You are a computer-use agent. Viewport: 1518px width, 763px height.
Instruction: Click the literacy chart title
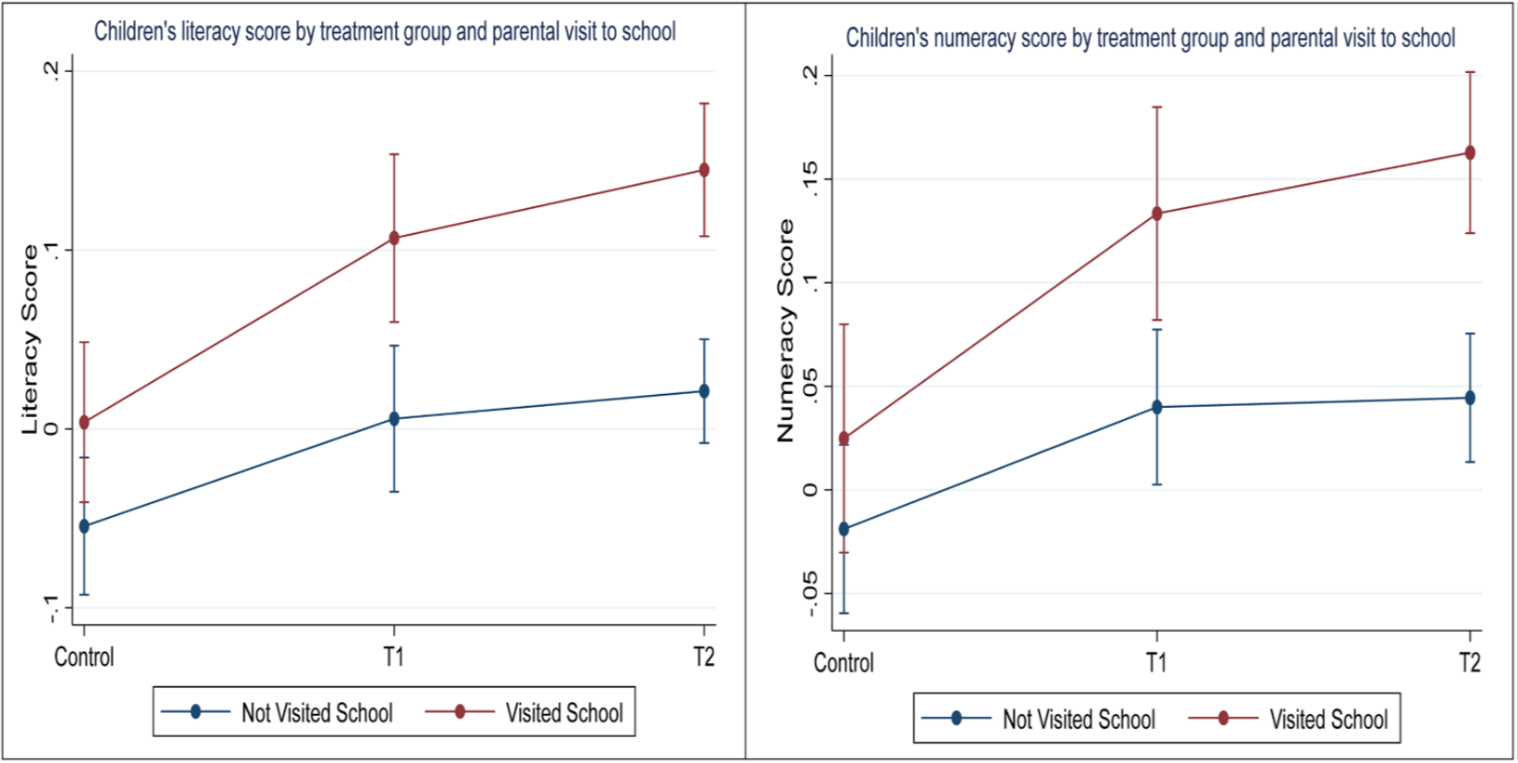(385, 31)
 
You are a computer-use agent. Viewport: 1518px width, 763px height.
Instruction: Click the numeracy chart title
(1150, 38)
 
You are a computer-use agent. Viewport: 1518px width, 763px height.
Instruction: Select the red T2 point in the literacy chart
(704, 170)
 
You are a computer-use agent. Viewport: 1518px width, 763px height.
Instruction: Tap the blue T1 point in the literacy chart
(394, 419)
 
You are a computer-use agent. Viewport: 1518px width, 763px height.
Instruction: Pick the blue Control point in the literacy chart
(84, 526)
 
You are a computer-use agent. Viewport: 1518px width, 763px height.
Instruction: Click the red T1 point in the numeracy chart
(1156, 214)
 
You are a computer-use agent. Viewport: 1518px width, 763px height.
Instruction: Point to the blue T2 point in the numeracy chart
(1470, 398)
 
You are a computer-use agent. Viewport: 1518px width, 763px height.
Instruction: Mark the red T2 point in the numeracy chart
(1470, 153)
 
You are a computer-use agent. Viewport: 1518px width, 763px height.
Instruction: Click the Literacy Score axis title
(31, 338)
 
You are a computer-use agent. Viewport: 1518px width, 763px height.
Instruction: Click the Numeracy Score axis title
(786, 330)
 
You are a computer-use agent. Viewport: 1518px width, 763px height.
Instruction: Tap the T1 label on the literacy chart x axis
(394, 658)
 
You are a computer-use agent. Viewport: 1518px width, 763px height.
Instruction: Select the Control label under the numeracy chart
(844, 663)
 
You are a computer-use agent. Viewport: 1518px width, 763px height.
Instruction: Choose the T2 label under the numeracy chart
(1470, 663)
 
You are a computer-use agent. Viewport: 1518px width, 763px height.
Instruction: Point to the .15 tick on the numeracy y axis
(810, 178)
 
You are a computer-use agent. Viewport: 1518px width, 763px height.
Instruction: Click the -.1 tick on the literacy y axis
(53, 608)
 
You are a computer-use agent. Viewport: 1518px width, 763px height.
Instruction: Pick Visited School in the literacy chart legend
(563, 713)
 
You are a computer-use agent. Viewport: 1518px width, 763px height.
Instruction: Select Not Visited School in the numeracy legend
(1079, 720)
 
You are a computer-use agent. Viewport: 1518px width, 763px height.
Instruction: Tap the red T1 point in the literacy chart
(394, 238)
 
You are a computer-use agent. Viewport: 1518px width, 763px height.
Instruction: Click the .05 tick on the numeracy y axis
(810, 387)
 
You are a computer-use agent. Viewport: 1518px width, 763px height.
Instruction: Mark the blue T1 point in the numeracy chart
(1156, 407)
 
